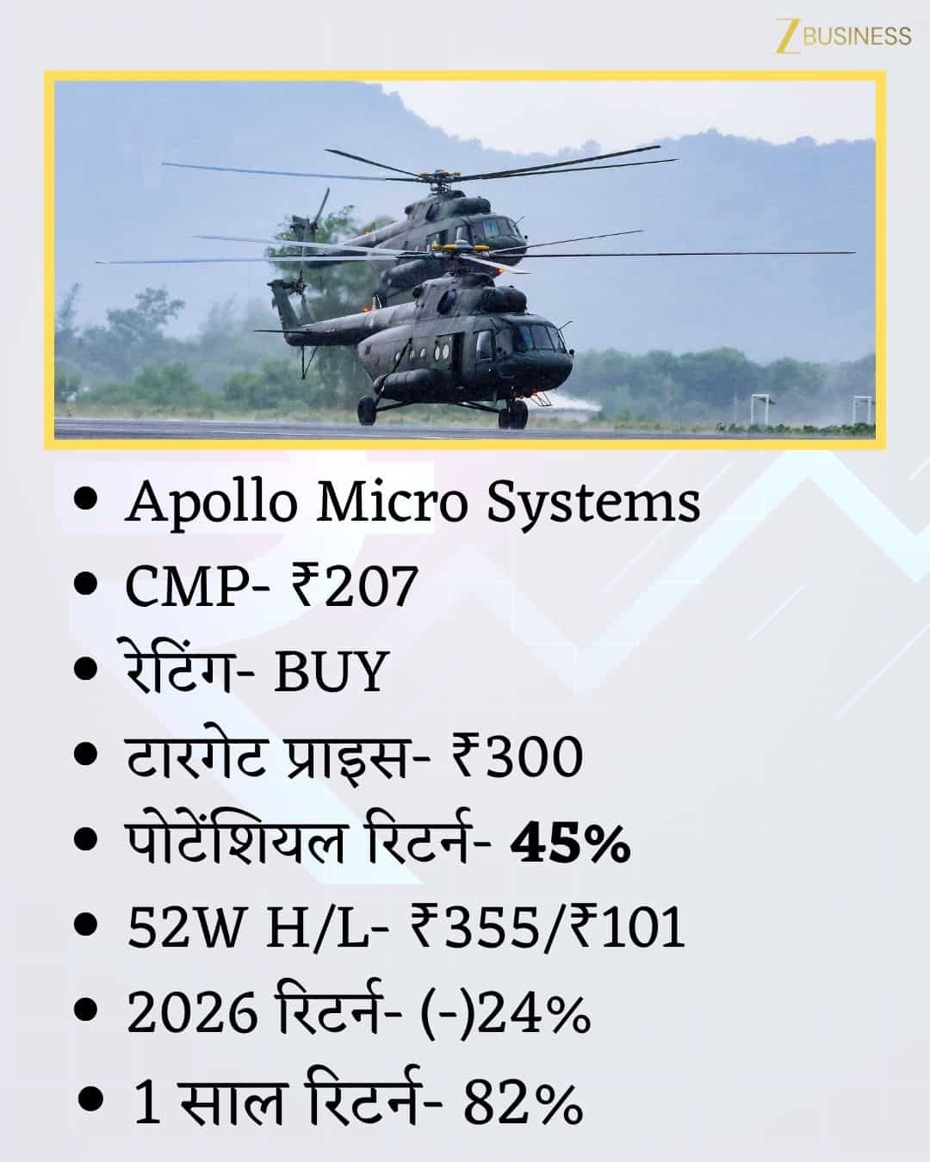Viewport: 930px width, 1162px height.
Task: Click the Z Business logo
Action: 843,35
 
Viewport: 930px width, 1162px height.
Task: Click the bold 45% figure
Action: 571,844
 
